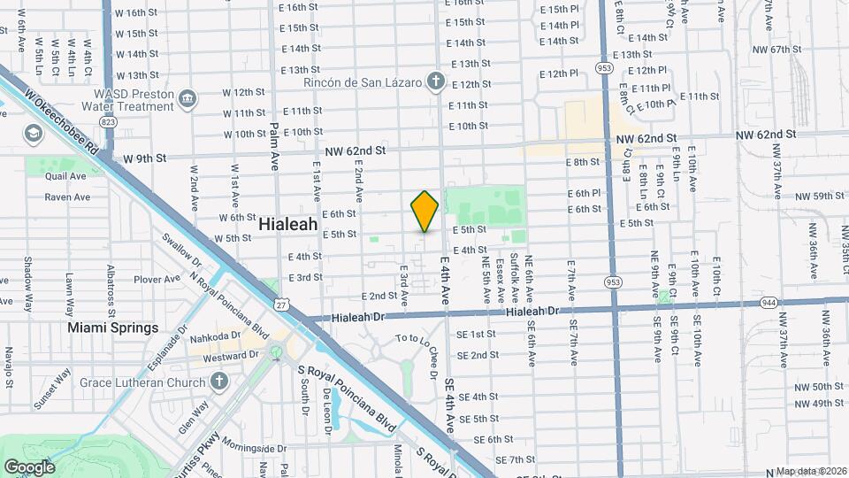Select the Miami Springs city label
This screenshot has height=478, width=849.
click(113, 328)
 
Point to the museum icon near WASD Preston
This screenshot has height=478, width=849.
click(187, 98)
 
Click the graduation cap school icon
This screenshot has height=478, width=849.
click(34, 134)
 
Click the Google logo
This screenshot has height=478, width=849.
click(29, 466)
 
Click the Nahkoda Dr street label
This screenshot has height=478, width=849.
click(216, 336)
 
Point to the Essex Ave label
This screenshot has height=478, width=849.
click(500, 274)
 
